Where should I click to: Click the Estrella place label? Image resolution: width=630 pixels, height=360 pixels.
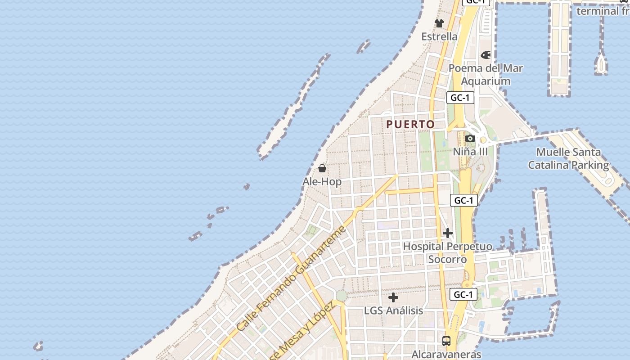(439, 36)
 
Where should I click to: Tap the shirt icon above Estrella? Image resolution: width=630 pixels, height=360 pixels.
(439, 23)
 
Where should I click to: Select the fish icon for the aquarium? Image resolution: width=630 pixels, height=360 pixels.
(486, 55)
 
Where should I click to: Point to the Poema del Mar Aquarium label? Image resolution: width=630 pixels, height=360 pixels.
(486, 75)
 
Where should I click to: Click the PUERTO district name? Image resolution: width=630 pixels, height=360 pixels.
(410, 124)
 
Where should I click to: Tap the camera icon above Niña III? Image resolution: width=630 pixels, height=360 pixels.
(470, 138)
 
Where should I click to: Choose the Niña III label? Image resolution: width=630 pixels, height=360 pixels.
(470, 151)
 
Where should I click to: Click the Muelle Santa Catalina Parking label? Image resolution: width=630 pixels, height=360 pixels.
(568, 158)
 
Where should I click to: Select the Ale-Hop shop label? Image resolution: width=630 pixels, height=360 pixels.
(322, 181)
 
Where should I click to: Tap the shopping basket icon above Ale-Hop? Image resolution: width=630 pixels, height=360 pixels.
(322, 169)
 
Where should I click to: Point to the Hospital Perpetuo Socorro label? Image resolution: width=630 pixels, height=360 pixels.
(447, 253)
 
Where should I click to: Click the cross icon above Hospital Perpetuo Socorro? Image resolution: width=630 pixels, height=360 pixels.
(448, 233)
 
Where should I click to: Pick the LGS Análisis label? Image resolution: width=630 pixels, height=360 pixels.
(393, 310)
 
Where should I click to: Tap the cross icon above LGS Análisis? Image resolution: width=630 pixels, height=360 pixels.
(393, 297)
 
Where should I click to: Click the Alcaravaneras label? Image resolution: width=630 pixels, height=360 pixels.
(446, 355)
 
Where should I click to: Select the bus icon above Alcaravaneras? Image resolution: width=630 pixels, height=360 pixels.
(446, 341)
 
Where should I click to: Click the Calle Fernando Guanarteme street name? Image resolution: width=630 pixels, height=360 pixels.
(291, 278)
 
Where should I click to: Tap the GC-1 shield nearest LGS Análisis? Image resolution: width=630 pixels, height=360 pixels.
(463, 295)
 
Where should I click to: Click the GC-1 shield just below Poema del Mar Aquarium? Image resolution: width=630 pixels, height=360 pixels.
(460, 98)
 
